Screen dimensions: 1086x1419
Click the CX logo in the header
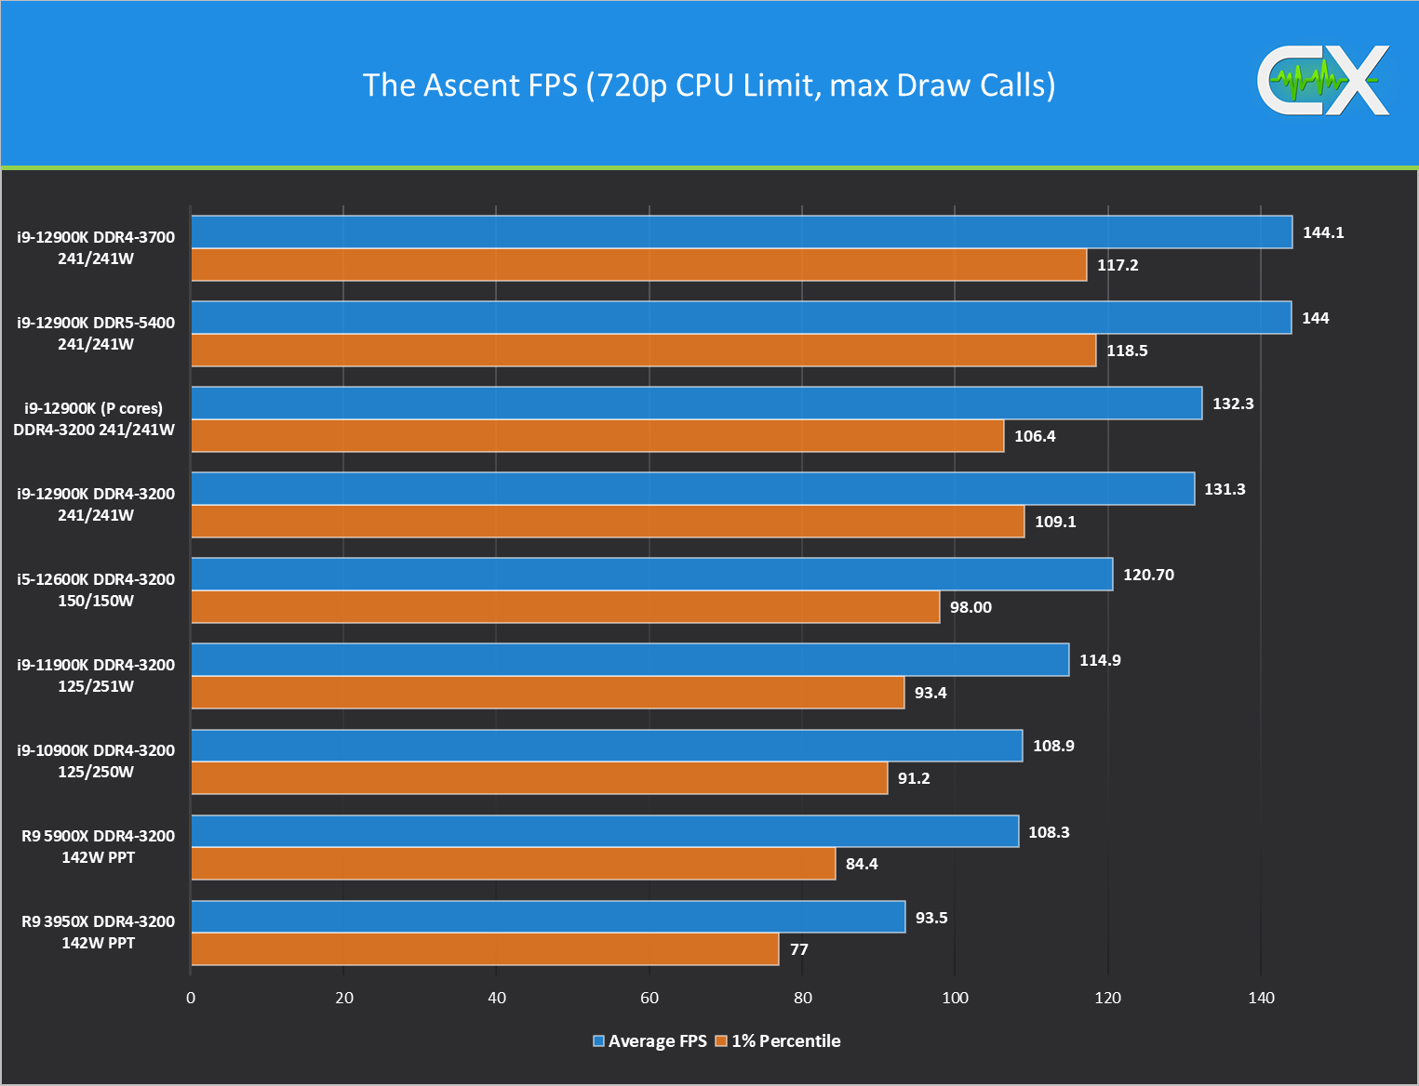coord(1323,82)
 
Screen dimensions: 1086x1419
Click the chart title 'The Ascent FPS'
coord(709,86)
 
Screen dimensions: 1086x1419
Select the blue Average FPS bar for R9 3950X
coord(548,917)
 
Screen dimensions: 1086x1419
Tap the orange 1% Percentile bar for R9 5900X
coord(513,864)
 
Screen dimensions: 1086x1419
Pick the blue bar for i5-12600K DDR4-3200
coord(651,575)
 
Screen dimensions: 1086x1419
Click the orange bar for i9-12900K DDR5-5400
coord(643,351)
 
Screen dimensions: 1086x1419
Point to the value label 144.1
coord(1322,232)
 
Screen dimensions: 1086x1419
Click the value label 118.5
coord(1126,351)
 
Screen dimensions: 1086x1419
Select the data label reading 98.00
coord(970,607)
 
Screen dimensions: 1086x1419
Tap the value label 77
coord(798,949)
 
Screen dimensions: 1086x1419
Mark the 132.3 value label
coord(1232,404)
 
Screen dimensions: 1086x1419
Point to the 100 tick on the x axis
coord(955,998)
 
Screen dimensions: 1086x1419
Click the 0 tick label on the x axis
coord(191,998)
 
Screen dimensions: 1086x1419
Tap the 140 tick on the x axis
coord(1261,998)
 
